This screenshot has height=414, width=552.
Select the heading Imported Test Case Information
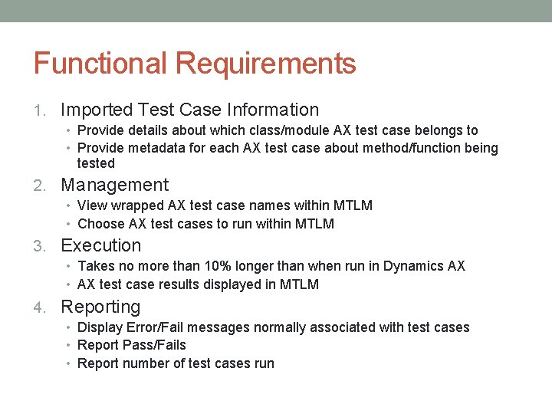(x=189, y=110)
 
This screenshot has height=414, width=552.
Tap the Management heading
(x=114, y=185)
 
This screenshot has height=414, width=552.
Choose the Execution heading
(x=100, y=245)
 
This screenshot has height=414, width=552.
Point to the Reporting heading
(x=100, y=307)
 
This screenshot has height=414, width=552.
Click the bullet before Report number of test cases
(x=69, y=363)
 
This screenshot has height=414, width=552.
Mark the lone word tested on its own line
(x=96, y=163)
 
